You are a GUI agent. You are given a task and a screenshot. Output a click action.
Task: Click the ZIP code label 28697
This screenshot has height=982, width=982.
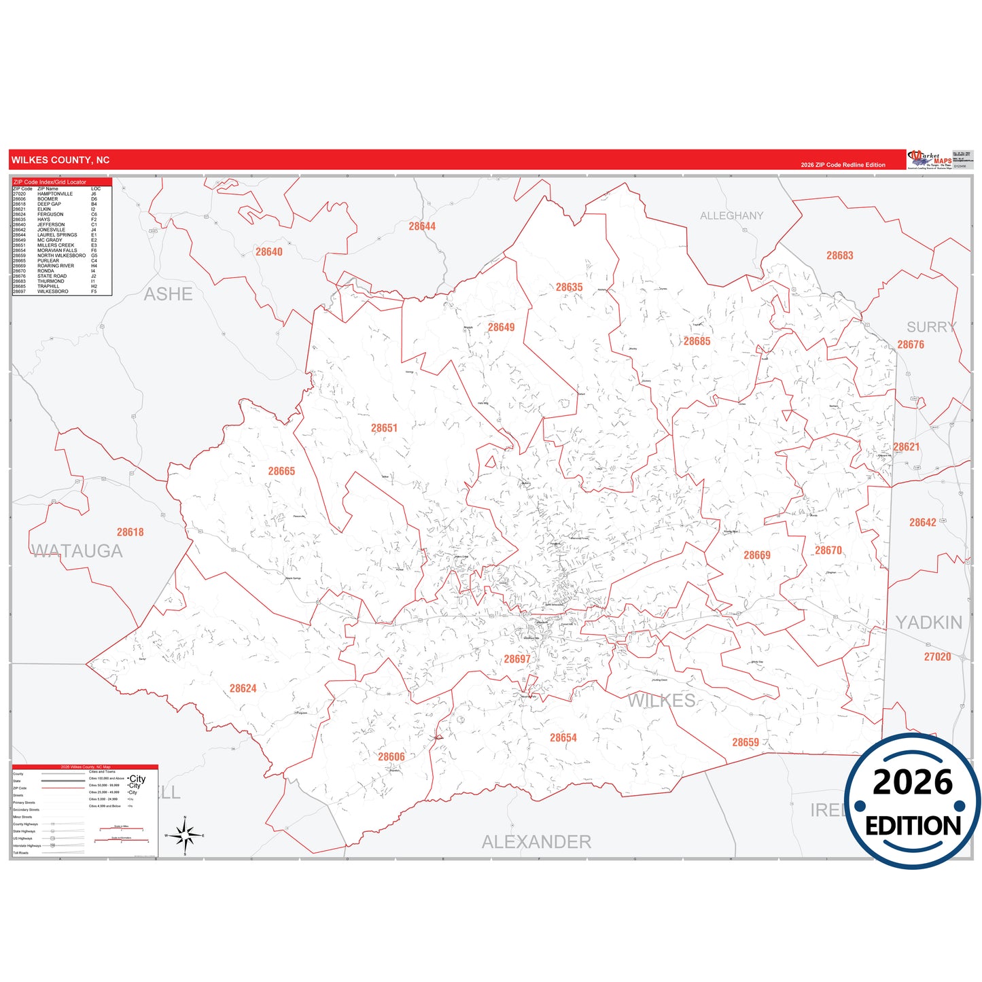[516, 659]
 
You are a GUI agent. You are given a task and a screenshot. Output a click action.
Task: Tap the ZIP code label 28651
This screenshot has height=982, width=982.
[384, 428]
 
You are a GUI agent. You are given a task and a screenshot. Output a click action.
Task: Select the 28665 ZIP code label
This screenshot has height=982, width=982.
[281, 471]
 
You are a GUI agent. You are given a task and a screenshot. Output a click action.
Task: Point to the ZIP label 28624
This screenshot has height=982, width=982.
[243, 688]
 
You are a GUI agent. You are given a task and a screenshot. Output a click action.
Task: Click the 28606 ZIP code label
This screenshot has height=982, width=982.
[391, 756]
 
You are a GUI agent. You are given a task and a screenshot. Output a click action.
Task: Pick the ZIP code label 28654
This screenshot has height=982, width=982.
[563, 737]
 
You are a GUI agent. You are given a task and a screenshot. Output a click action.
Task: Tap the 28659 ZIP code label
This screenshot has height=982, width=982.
[746, 742]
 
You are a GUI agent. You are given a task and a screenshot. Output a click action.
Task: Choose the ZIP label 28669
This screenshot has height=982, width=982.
[757, 555]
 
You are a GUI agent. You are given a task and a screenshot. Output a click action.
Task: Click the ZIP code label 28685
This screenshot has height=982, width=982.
[697, 341]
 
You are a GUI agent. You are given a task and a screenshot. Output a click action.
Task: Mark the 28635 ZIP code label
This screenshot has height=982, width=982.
[569, 287]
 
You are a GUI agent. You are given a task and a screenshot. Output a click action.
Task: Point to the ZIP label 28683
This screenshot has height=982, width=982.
[839, 256]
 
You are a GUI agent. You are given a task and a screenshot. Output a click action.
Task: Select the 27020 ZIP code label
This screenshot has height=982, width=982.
[937, 656]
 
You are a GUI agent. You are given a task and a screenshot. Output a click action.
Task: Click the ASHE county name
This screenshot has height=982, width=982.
[168, 294]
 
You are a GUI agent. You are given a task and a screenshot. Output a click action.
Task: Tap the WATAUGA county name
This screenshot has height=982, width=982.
[77, 551]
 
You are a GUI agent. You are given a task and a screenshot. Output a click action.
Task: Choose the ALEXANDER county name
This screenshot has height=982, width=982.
[536, 842]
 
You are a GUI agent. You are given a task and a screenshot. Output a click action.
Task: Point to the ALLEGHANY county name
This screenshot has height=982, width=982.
[731, 215]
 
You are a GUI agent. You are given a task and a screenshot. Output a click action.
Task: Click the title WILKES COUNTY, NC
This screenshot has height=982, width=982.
[60, 160]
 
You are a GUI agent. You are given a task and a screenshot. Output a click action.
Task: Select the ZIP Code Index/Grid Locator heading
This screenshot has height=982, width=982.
[50, 182]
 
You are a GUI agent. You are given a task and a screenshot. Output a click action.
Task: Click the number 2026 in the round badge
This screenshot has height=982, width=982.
[912, 782]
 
